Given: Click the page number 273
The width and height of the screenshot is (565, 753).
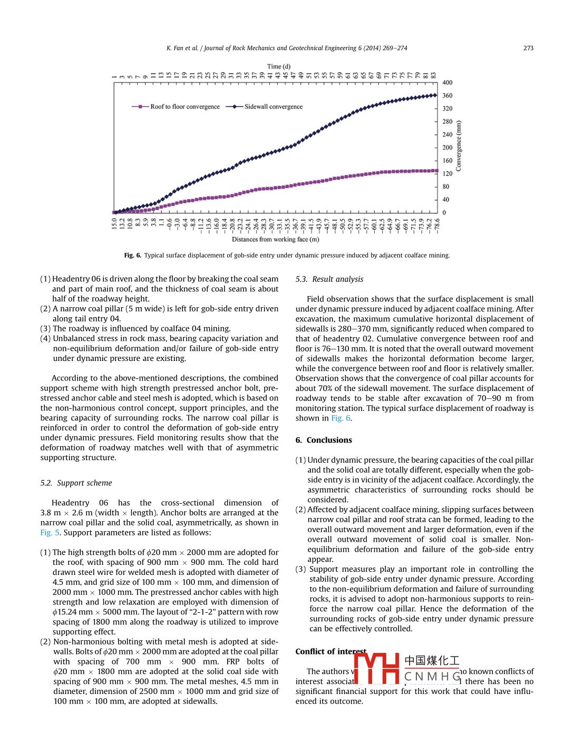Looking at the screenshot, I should pos(528,48).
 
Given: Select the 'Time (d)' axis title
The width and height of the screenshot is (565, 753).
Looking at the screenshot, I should pos(278,66).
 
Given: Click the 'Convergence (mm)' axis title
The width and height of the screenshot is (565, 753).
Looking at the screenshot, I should pos(459,146).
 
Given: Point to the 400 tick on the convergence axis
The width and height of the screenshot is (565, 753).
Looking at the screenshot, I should pos(447,83).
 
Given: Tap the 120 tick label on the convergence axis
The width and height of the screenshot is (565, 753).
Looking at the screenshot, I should pos(447,173).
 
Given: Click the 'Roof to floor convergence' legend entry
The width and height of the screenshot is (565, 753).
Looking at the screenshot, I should pos(184,106).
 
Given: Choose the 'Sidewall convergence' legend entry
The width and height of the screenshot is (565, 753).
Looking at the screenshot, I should pos(273,106).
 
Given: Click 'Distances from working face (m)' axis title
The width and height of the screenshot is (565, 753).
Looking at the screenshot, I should pos(275,239).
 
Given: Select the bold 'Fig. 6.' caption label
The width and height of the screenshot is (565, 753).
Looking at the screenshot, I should pos(132,255).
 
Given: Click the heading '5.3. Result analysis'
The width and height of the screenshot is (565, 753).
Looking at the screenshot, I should pos(329,279).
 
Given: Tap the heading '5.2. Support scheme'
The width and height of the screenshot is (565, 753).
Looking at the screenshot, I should pos(76,483).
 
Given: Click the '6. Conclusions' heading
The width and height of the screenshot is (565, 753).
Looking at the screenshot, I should pos(324,440).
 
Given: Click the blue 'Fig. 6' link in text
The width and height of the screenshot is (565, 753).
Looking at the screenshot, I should pos(340,418).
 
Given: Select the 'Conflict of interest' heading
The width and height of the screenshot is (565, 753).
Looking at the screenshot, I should pos(330,651).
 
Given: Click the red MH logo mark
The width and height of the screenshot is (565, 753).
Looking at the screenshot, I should pos(376,668).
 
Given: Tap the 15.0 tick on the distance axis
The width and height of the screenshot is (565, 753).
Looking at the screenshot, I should pos(114,223).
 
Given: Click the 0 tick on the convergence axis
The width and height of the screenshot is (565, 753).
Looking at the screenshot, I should pos(444,213).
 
